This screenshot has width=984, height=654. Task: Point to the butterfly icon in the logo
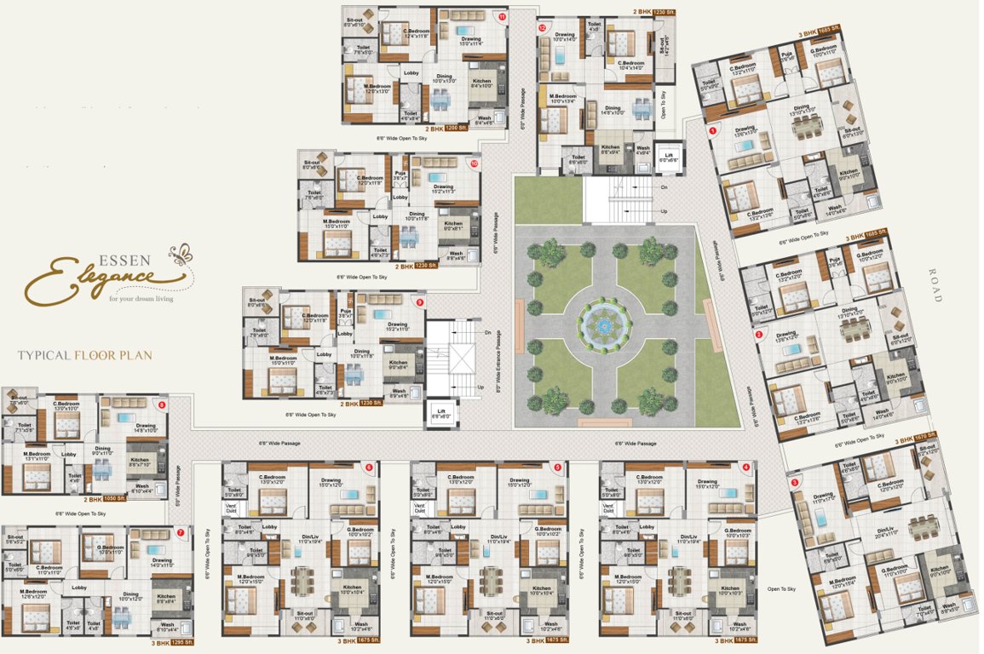pos(181,253)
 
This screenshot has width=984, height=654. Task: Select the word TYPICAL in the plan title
pos(44,354)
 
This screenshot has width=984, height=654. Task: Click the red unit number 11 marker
pos(503,16)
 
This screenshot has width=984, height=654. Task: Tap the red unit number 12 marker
pos(542,28)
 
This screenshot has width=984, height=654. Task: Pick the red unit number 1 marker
pos(712,130)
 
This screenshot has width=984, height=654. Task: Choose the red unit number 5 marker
pos(557,467)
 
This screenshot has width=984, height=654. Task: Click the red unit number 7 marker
pos(181,533)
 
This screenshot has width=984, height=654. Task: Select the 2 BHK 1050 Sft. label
pos(106,500)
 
